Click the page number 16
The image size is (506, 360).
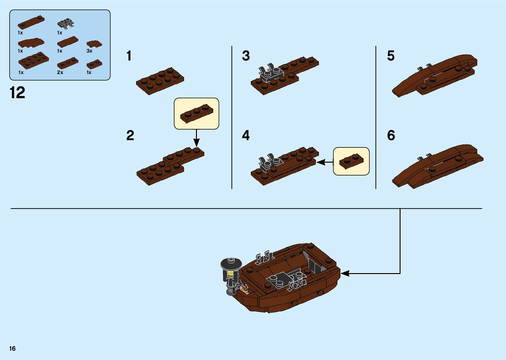click(13, 348)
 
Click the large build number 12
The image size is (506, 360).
click(18, 93)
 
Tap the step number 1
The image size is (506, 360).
click(129, 56)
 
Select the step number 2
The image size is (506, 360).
click(130, 136)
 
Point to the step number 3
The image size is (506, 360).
click(246, 56)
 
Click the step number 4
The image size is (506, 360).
click(246, 136)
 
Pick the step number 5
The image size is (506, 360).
click(391, 56)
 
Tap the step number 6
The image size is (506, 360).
click(391, 136)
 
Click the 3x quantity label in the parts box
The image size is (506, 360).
click(89, 51)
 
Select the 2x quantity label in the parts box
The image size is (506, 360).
click(60, 72)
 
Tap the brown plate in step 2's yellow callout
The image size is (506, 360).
click(196, 113)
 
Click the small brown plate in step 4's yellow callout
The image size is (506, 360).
click(351, 161)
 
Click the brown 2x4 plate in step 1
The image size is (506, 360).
click(160, 81)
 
